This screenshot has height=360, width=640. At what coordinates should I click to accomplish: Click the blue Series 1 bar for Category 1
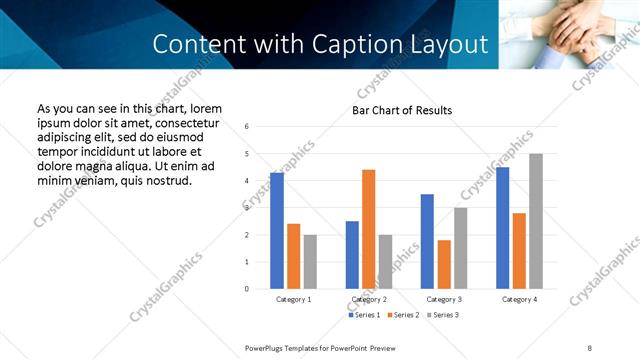click(x=277, y=231)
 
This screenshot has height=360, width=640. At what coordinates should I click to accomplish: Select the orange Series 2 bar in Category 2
click(x=368, y=229)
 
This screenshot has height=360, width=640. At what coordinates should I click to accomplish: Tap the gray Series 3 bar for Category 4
click(x=536, y=221)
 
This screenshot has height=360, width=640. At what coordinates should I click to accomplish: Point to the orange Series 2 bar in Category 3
click(x=444, y=264)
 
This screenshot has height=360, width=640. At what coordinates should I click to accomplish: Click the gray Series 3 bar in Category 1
click(x=310, y=261)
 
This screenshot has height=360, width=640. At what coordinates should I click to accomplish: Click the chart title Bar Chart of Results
click(x=402, y=110)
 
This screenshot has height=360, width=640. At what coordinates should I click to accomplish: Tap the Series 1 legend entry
click(x=364, y=315)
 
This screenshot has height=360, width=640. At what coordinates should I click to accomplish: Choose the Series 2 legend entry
click(x=402, y=315)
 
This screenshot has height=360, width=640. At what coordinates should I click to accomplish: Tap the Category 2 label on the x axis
click(x=368, y=299)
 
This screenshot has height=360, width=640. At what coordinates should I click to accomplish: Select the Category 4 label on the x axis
click(x=519, y=299)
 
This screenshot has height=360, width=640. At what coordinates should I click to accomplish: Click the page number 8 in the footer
click(x=589, y=347)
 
